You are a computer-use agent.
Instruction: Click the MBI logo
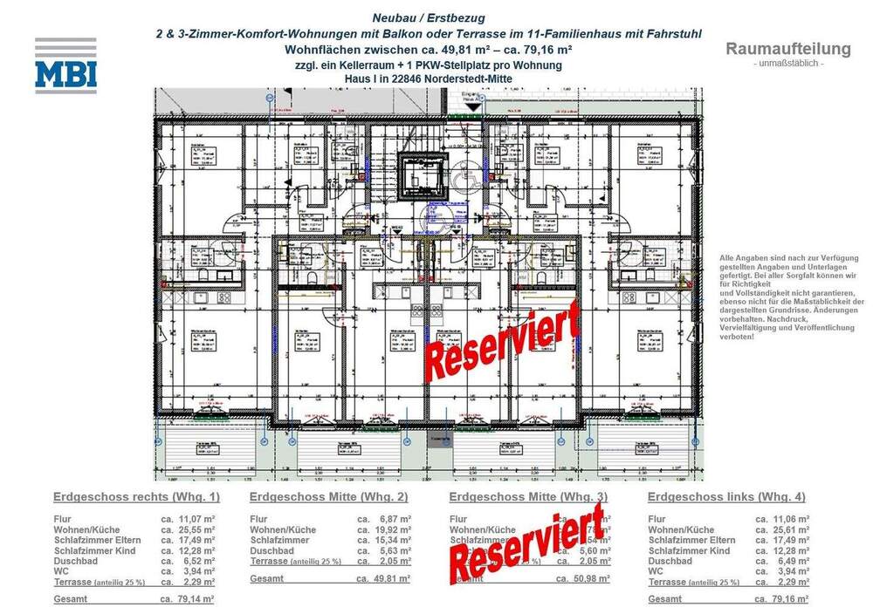click(65, 65)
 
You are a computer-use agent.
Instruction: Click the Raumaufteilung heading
click(787, 49)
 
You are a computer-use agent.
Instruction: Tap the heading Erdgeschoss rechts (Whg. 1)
click(136, 497)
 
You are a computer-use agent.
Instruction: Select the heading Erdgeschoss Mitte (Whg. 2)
click(329, 497)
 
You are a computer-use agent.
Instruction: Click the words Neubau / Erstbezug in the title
click(428, 17)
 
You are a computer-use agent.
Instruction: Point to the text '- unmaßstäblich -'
click(787, 64)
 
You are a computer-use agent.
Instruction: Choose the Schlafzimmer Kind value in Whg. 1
click(197, 551)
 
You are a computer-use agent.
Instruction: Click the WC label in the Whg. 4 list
click(656, 571)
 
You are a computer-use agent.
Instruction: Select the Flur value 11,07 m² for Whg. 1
click(197, 519)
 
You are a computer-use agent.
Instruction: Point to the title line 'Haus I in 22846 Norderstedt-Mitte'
click(428, 78)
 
